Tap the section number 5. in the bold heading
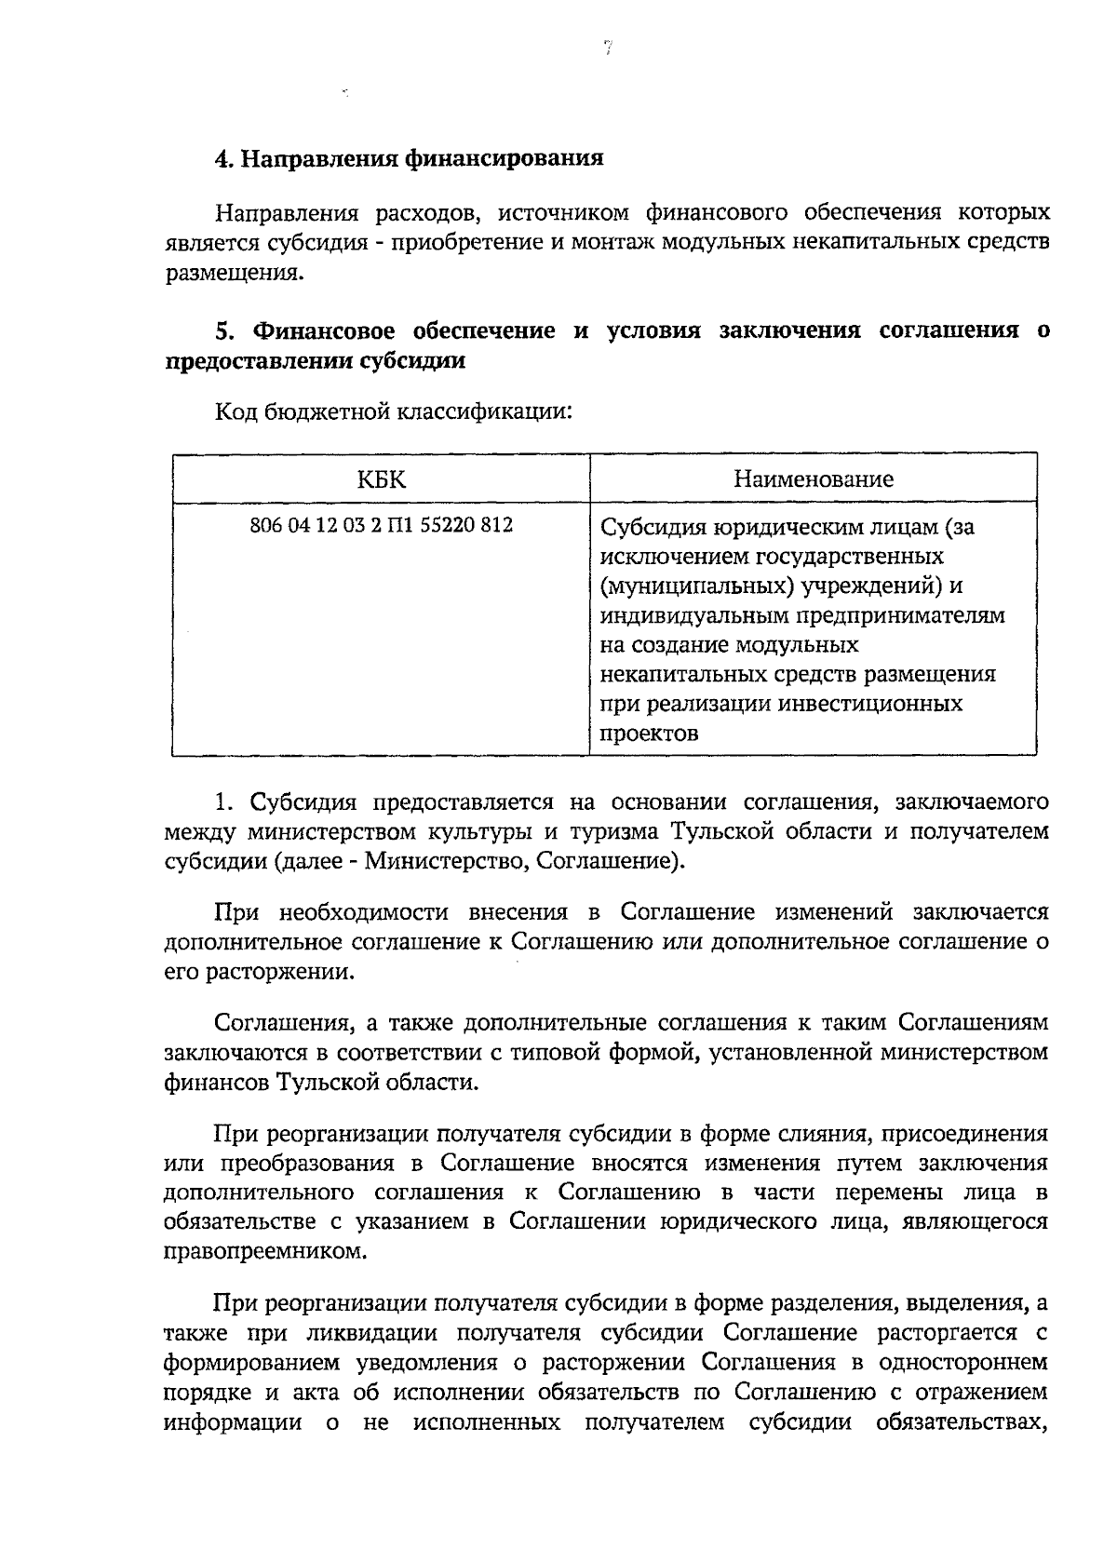click(x=224, y=331)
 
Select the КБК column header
click(x=381, y=479)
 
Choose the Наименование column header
click(x=813, y=479)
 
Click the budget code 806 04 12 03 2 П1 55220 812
click(x=381, y=525)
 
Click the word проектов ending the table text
click(x=649, y=733)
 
